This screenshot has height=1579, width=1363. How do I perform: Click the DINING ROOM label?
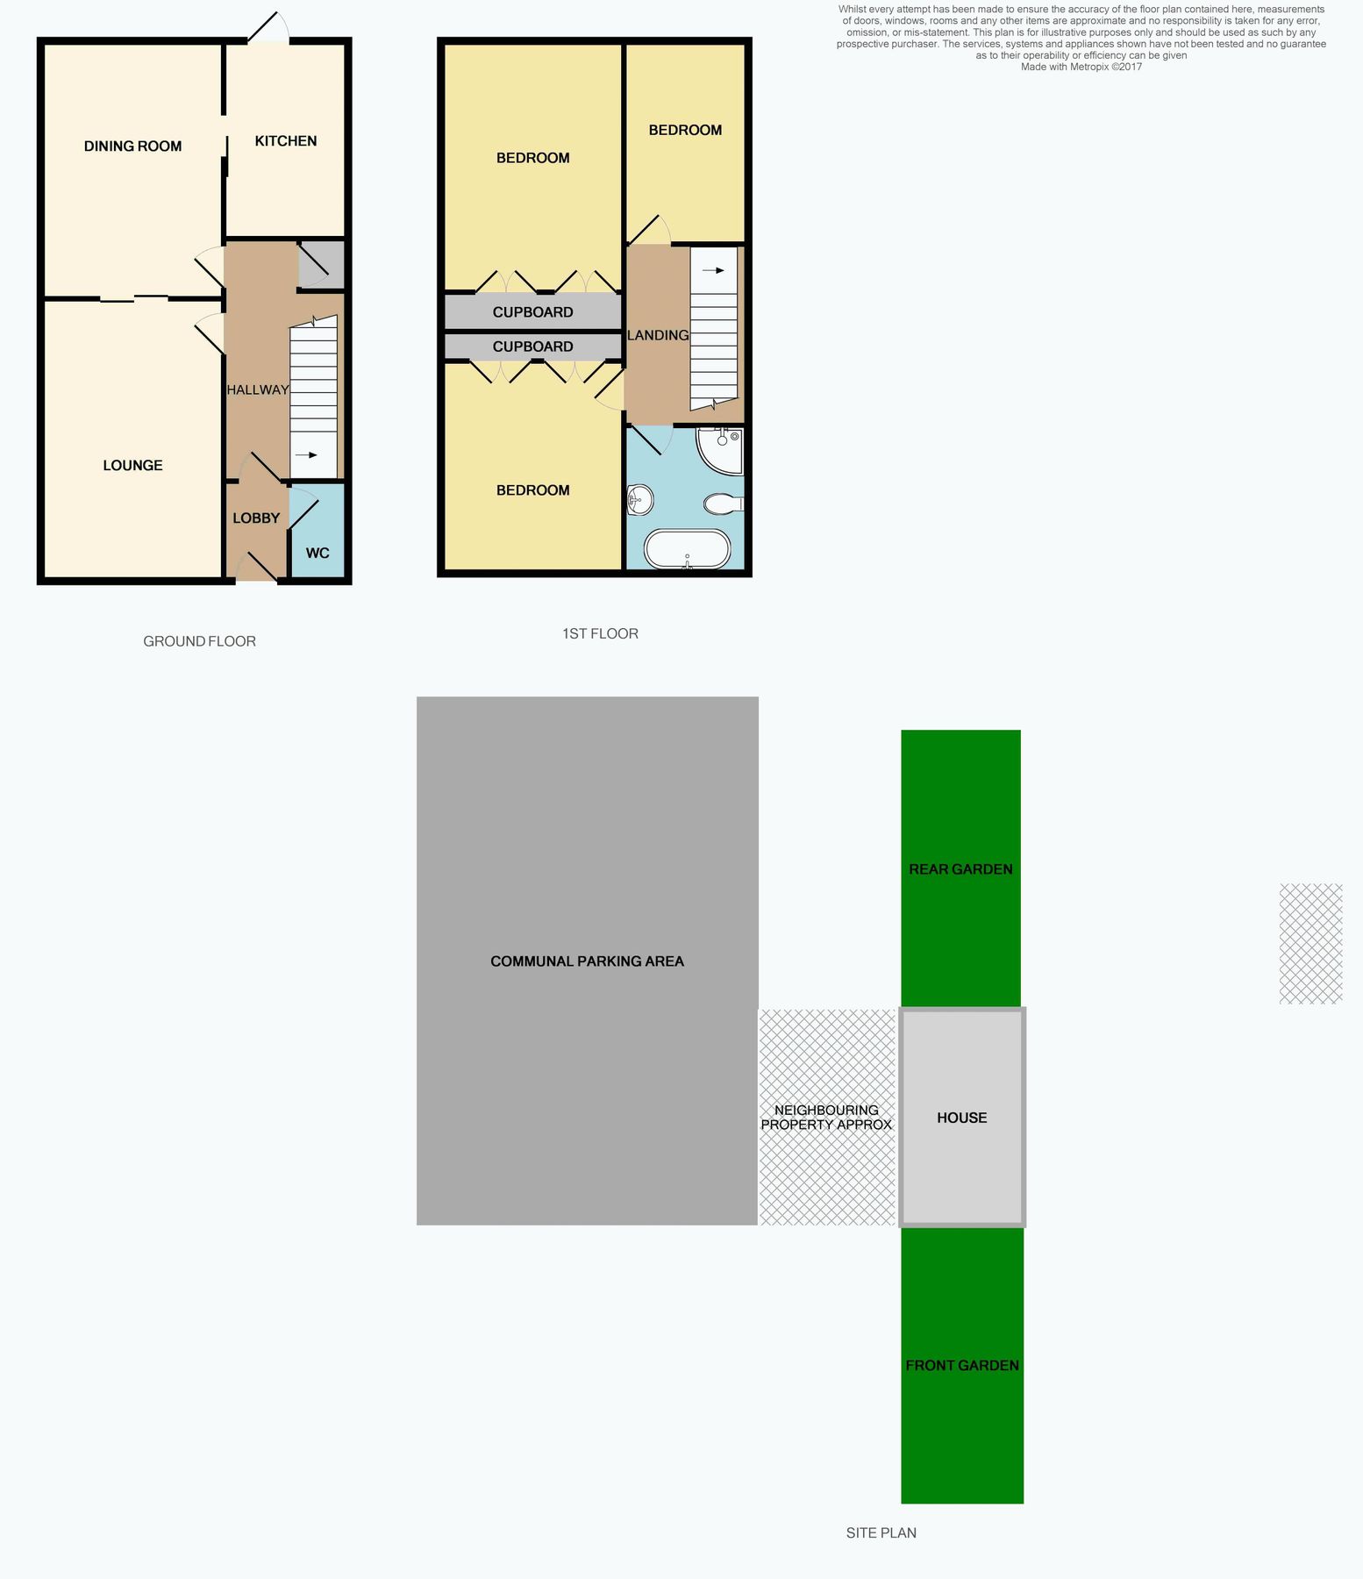coord(132,146)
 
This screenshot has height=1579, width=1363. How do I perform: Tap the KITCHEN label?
coord(285,141)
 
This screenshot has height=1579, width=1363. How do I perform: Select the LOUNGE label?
coord(132,466)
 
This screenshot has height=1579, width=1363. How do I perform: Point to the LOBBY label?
coord(256,518)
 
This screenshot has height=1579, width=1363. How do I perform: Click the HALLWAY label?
coord(258,389)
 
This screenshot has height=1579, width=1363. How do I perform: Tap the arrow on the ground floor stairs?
coord(306,455)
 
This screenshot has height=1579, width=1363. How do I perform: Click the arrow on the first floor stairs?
coord(714,270)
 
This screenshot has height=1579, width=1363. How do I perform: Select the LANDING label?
coord(658,335)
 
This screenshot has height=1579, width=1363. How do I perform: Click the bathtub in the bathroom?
coord(687,549)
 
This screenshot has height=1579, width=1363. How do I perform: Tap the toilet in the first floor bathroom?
coord(724,504)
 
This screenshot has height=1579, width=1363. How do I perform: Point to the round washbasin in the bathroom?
coord(640,501)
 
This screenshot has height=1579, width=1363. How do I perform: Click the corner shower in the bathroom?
coord(722,449)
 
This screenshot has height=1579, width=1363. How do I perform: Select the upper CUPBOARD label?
coord(532,312)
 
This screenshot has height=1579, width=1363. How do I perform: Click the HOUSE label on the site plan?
coord(961,1118)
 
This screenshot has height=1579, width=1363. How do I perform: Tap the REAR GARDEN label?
coord(960,869)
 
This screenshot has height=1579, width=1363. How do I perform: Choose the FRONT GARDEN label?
coord(962,1365)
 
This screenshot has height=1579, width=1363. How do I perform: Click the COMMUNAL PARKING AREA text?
coord(587,961)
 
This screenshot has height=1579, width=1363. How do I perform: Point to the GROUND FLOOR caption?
coord(199,641)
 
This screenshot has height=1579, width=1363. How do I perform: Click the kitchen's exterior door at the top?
coord(268,30)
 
